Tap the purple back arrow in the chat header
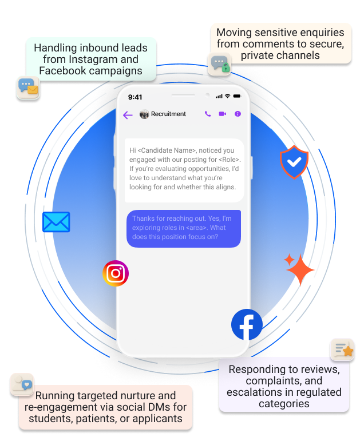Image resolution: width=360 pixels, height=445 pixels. click(128, 115)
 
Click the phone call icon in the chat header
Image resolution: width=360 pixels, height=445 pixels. click(208, 114)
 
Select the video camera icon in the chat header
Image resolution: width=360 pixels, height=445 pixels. click(223, 114)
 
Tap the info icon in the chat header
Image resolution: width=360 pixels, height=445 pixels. click(238, 114)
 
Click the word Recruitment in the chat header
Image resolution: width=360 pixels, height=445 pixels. click(168, 114)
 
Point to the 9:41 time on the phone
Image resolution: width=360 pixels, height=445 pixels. click(135, 97)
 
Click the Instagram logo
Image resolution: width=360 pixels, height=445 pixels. click(116, 273)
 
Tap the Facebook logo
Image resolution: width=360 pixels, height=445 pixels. click(247, 324)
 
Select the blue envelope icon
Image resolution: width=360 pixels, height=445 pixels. click(56, 222)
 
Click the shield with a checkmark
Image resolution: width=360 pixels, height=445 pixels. click(294, 162)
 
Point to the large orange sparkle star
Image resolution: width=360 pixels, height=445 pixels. click(300, 269)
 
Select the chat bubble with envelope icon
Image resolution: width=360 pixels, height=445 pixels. click(27, 88)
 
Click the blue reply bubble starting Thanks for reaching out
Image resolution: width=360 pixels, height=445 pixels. click(183, 228)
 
